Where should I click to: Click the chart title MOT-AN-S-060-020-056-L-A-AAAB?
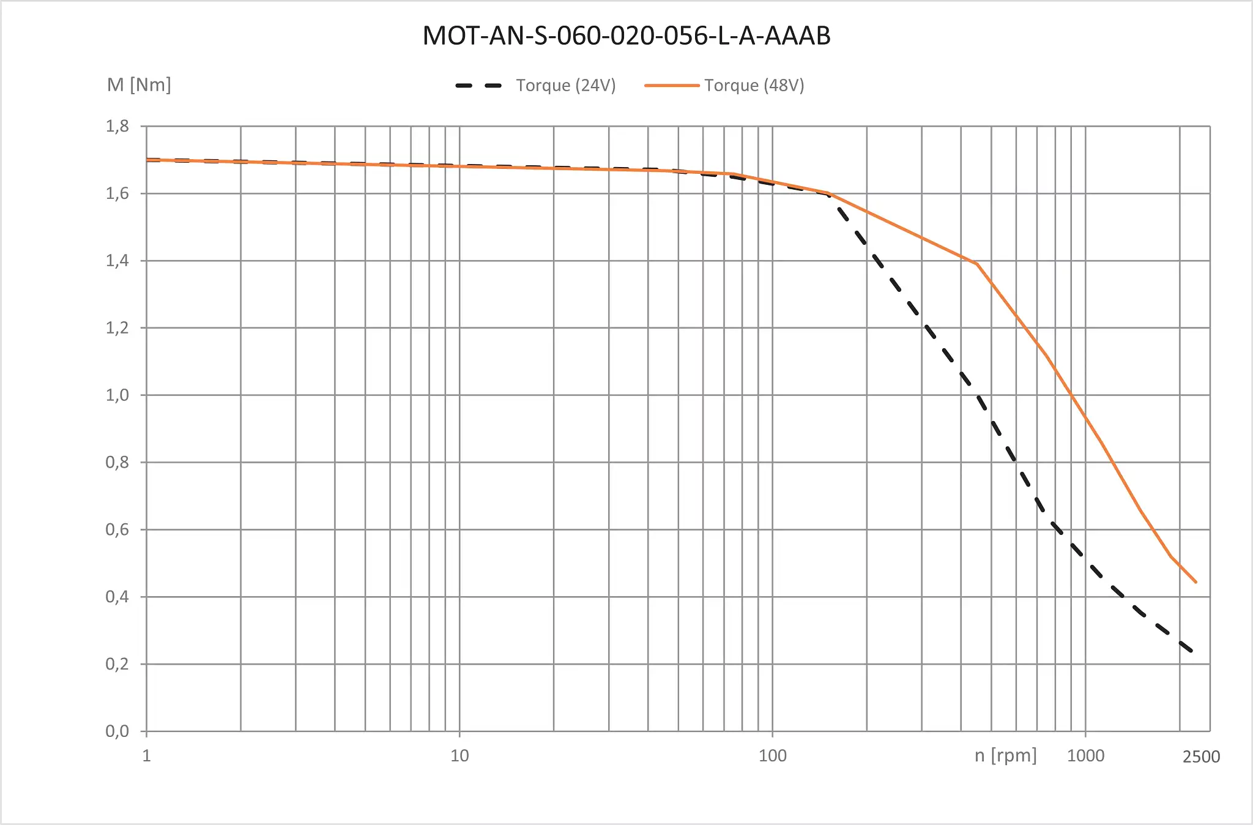tap(626, 35)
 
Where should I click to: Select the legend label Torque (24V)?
tap(565, 85)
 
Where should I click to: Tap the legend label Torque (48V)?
tap(754, 85)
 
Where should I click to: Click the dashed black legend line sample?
tap(478, 86)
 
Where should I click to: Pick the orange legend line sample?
tap(672, 86)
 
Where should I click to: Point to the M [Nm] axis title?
tap(139, 84)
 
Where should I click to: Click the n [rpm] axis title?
tap(1005, 755)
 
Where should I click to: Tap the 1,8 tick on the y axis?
tap(117, 126)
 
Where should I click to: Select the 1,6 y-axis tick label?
tap(117, 193)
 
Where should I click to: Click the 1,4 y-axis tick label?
tap(117, 261)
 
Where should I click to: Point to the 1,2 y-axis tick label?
tap(117, 328)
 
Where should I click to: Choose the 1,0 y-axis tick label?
tap(117, 395)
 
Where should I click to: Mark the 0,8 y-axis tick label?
tap(117, 462)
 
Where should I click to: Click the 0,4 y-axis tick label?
tap(117, 597)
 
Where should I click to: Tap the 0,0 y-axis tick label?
tap(117, 731)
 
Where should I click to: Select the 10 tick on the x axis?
tap(459, 756)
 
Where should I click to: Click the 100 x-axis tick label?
tap(772, 756)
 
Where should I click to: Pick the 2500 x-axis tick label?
tap(1201, 757)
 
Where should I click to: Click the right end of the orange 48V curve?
tap(1195, 582)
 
